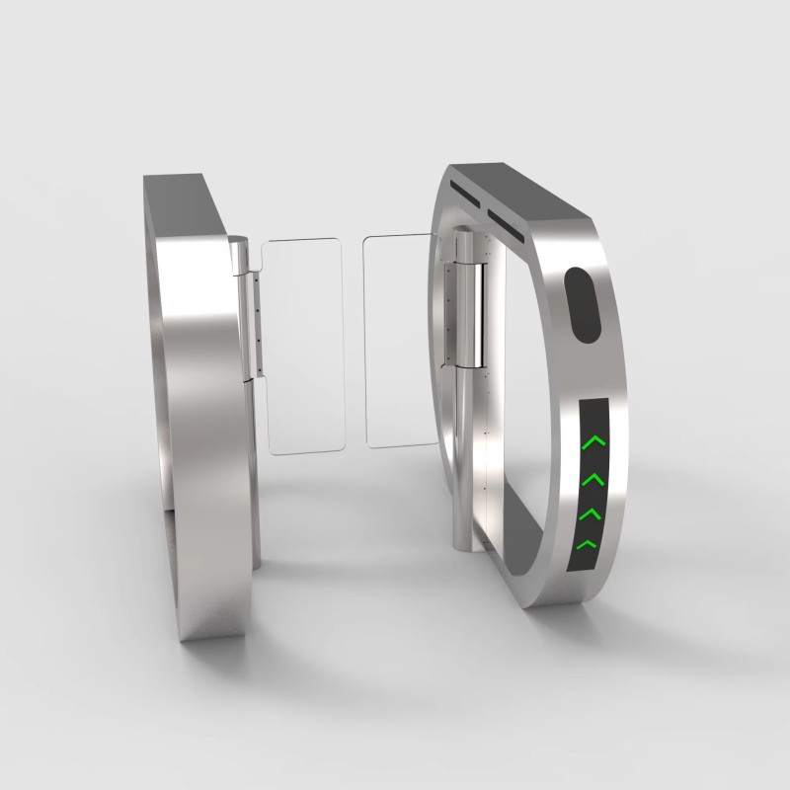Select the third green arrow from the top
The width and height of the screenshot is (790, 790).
591,513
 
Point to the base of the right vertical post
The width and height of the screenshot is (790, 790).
461,538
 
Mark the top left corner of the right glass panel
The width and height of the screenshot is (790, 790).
367,240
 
